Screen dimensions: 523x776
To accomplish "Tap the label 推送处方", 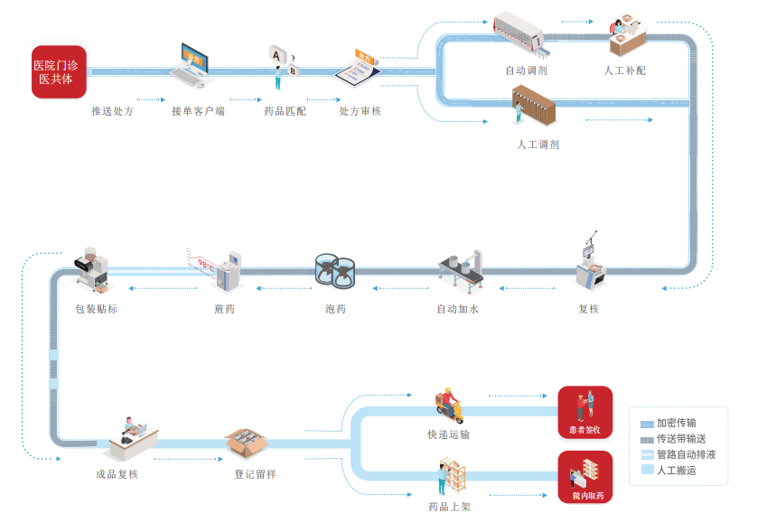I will pyautogui.click(x=112, y=111).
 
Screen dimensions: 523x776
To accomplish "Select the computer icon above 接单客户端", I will pyautogui.click(x=198, y=64).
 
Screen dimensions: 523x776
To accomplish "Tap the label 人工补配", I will pyautogui.click(x=624, y=70).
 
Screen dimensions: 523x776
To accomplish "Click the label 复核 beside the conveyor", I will pyautogui.click(x=588, y=309).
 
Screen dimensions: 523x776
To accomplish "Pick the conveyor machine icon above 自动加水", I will pyautogui.click(x=461, y=268).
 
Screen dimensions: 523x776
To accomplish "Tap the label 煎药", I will pyautogui.click(x=224, y=309).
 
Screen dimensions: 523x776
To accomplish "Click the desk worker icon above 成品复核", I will pyautogui.click(x=132, y=439).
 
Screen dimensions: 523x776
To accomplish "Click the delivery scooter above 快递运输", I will pyautogui.click(x=448, y=407).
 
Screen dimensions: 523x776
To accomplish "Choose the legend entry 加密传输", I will pyautogui.click(x=676, y=422).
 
